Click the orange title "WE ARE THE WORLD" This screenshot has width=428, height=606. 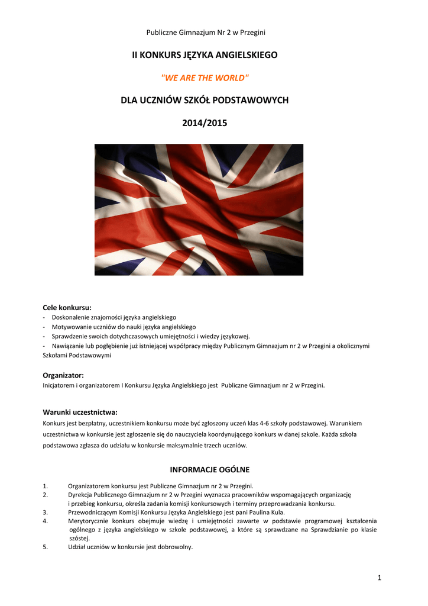[205, 78]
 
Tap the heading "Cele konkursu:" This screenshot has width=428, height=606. [67, 307]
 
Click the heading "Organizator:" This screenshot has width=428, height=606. [63, 375]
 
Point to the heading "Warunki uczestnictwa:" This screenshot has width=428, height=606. [80, 412]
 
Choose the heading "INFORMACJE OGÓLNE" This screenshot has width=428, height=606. [210, 470]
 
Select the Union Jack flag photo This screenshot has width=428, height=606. [199, 209]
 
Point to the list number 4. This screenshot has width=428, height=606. [46, 521]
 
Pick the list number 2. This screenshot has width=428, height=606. [46, 495]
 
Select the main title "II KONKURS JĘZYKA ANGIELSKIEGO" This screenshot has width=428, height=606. [205, 55]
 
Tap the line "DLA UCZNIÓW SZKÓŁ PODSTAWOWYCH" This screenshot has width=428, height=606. [205, 100]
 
